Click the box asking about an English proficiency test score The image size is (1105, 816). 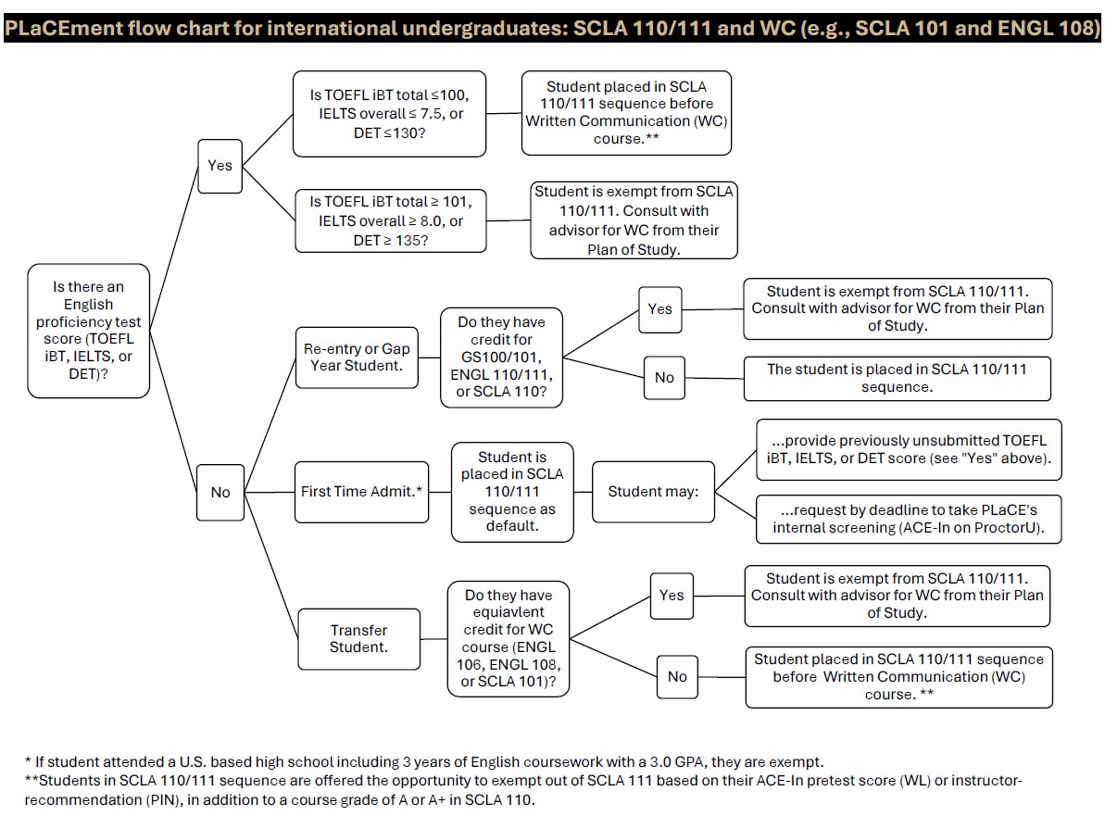tap(89, 331)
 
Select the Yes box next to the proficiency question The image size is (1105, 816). tap(220, 165)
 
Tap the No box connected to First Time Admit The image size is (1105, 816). tap(220, 492)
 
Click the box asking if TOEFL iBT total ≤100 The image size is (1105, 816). tap(389, 113)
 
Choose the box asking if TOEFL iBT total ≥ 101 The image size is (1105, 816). tap(389, 220)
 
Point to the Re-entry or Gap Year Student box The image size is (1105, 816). tap(357, 357)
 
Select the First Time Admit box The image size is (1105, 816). tap(361, 491)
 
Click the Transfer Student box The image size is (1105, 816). tap(358, 638)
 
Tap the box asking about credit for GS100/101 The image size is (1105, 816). tap(501, 357)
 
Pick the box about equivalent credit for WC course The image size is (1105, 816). tap(508, 639)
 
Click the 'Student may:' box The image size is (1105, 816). tap(653, 491)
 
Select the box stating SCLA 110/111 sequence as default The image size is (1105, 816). tap(512, 491)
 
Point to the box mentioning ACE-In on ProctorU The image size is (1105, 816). tap(908, 519)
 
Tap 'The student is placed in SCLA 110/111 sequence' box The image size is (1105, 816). tap(897, 378)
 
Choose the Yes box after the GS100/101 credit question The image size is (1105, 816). tap(660, 308)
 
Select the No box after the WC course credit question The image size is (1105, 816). tap(677, 676)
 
